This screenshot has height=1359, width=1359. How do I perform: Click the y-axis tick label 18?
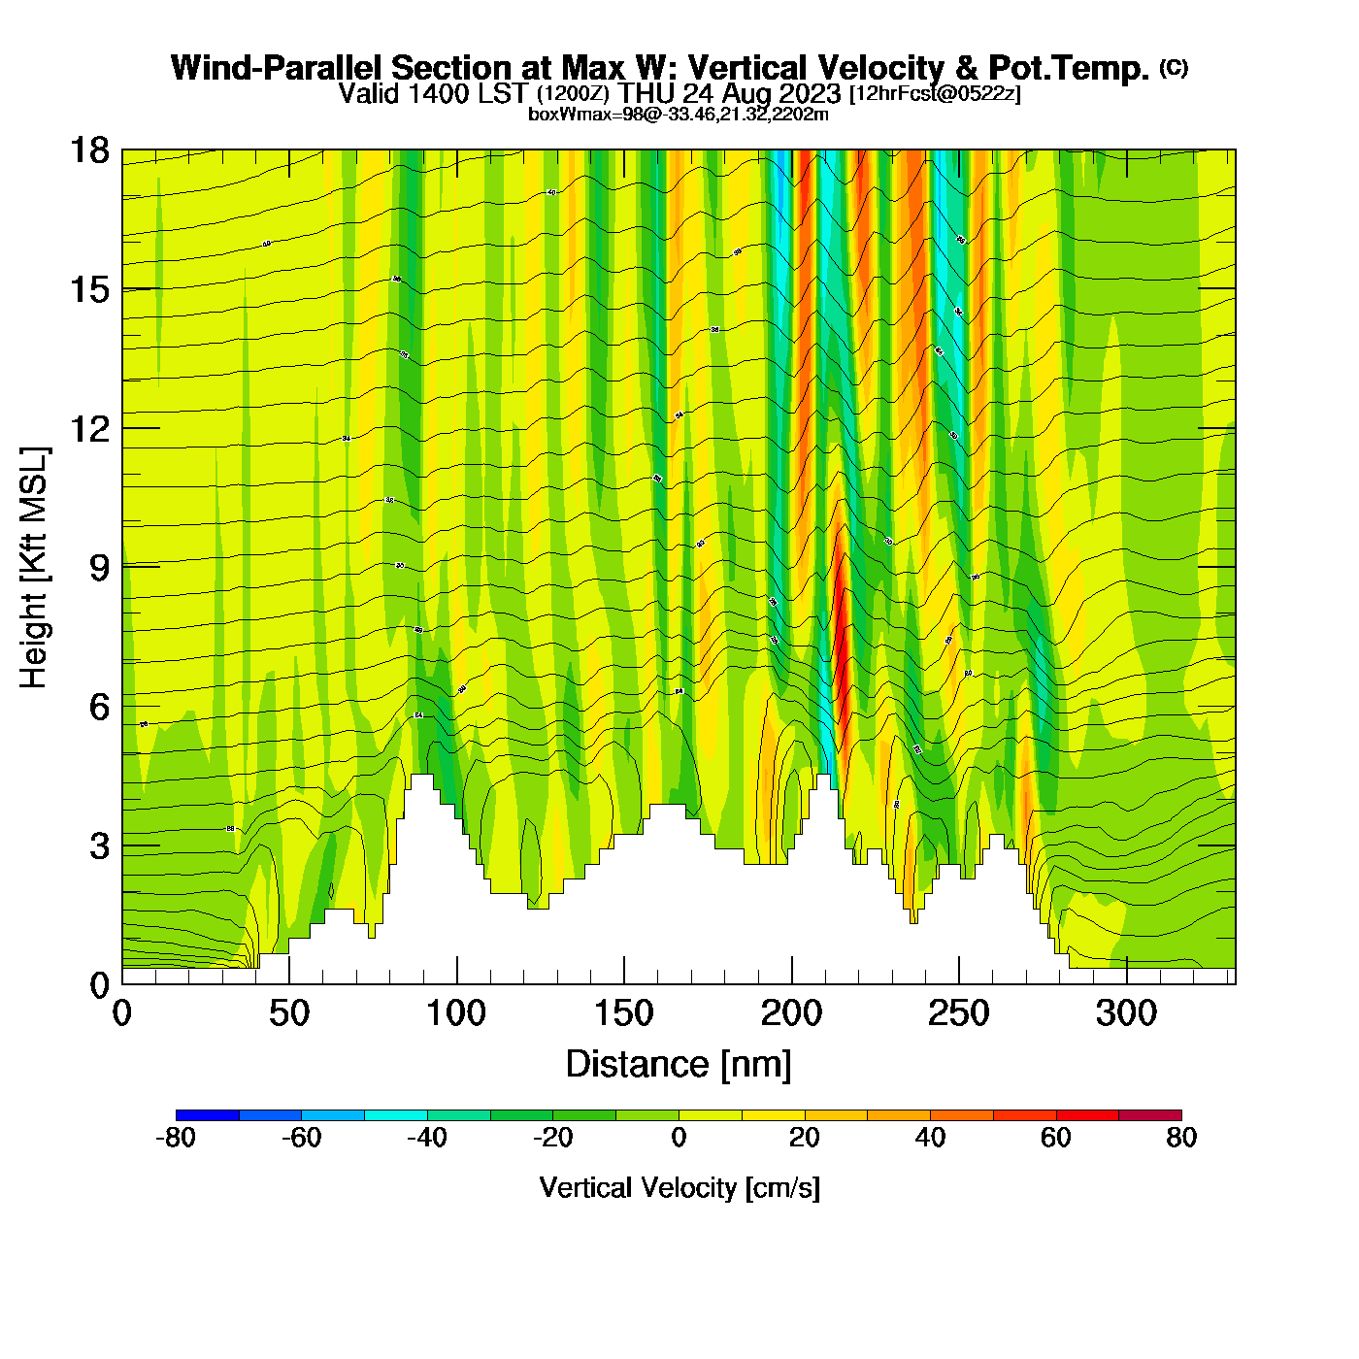[88, 150]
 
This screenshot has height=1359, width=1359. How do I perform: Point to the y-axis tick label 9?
[99, 568]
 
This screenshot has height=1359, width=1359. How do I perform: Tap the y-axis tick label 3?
[99, 846]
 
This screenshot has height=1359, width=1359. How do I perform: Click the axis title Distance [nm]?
[679, 1065]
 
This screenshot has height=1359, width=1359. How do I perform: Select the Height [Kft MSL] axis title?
[34, 568]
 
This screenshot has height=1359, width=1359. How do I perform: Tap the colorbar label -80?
[176, 1138]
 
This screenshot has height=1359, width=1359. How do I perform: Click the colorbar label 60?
[1056, 1138]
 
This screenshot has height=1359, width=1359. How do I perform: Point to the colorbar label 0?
[679, 1138]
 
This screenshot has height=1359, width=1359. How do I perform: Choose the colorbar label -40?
[427, 1138]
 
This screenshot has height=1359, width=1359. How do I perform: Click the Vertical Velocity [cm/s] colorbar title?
[679, 1188]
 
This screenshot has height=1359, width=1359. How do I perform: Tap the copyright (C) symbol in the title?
[1174, 67]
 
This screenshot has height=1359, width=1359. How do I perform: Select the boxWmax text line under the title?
[679, 115]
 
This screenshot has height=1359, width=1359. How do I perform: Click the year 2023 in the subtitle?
[807, 93]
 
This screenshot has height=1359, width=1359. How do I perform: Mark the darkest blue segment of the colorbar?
[207, 1115]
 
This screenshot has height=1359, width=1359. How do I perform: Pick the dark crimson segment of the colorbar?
[1150, 1115]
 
